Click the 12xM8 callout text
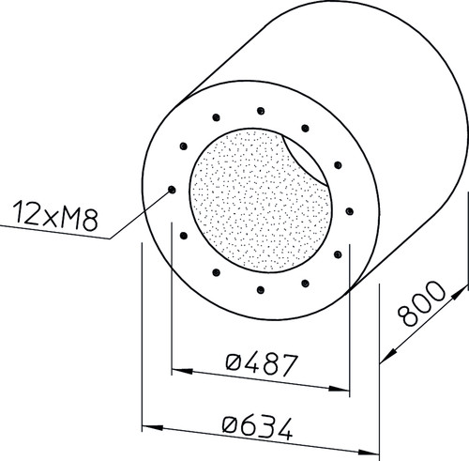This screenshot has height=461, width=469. tap(55, 216)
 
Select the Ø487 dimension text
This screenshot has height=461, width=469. tap(261, 364)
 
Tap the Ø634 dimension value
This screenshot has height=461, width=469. tap(258, 427)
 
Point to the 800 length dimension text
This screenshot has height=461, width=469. tap(421, 303)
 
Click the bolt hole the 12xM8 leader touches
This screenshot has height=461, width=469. tap(172, 190)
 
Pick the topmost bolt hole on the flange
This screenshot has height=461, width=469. tap(261, 111)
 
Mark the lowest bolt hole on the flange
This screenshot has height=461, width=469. tap(261, 290)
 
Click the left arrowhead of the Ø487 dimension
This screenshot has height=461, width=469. tap(182, 371)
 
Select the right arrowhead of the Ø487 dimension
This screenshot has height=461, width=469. tap(339, 389)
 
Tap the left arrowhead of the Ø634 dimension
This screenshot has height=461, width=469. tap(153, 427)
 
